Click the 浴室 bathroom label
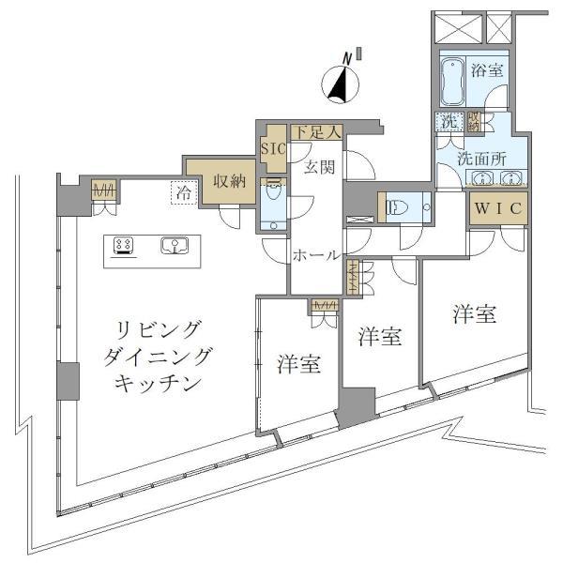[486, 69]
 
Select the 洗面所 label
[481, 159]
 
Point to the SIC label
[272, 148]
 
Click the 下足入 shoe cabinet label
[313, 133]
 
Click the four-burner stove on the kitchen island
[123, 246]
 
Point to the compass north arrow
[342, 84]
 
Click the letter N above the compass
[347, 58]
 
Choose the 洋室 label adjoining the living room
[299, 364]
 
